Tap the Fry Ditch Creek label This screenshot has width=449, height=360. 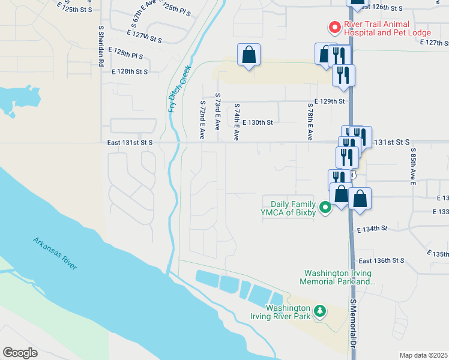(179, 88)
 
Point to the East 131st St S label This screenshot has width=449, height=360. (130, 143)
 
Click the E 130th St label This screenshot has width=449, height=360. (258, 122)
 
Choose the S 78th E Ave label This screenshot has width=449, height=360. (310, 121)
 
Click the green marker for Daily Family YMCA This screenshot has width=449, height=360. (325, 208)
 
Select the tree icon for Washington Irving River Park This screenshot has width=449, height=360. (321, 310)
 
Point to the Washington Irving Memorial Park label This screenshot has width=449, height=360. (339, 277)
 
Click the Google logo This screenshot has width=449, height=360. (20, 352)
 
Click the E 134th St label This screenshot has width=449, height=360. (372, 229)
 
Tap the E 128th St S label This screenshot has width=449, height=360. (129, 71)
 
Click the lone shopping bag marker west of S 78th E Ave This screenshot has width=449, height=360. (249, 55)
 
